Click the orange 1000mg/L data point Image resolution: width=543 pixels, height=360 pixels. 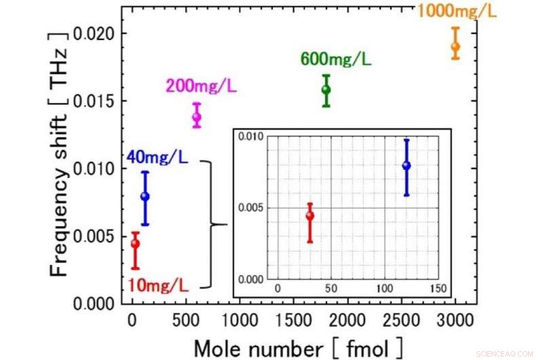pyautogui.click(x=455, y=47)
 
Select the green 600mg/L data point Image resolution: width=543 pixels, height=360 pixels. pyautogui.click(x=326, y=90)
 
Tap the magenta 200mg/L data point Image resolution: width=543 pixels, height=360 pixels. pyautogui.click(x=197, y=117)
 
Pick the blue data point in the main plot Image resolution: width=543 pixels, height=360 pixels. pyautogui.click(x=145, y=197)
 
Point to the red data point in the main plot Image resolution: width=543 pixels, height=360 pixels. pyautogui.click(x=135, y=244)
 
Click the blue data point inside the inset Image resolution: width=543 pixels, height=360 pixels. pyautogui.click(x=406, y=166)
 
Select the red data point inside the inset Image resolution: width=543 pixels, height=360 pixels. pyautogui.click(x=310, y=216)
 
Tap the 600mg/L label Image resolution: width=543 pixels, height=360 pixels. pyautogui.click(x=335, y=59)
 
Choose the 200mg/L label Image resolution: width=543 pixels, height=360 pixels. pyautogui.click(x=200, y=86)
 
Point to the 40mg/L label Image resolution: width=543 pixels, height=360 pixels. pyautogui.click(x=158, y=158)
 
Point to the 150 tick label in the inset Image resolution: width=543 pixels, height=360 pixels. pyautogui.click(x=438, y=289)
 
